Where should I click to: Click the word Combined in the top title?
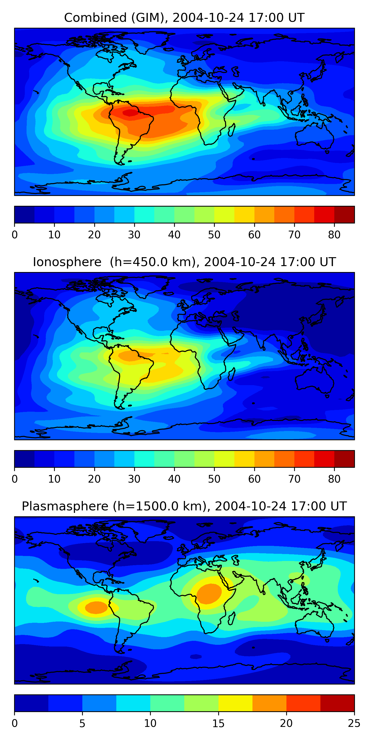[95, 18]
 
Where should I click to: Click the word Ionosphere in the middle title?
[67, 262]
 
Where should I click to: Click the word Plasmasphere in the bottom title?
[65, 506]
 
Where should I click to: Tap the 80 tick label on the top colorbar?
[334, 235]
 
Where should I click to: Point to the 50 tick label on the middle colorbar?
[214, 479]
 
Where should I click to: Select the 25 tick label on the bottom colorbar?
[354, 723]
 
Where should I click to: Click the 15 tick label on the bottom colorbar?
[218, 723]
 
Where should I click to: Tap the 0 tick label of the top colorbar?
[15, 235]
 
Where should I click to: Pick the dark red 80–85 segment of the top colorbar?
[344, 215]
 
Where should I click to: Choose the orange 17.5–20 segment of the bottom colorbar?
[269, 703]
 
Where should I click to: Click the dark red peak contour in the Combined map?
[130, 113]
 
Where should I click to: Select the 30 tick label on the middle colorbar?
[134, 479]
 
